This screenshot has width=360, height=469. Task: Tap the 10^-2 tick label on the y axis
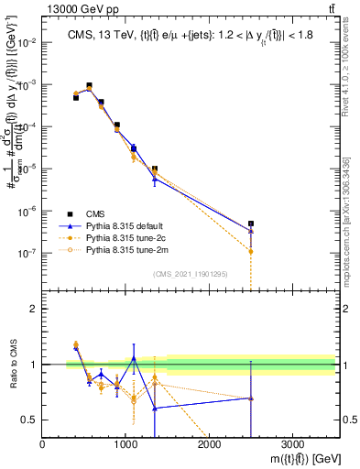point(27,42)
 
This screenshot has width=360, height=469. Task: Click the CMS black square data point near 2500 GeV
point(251,224)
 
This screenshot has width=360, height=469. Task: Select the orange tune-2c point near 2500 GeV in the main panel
point(251,251)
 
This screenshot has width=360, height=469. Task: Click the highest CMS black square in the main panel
point(89,86)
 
